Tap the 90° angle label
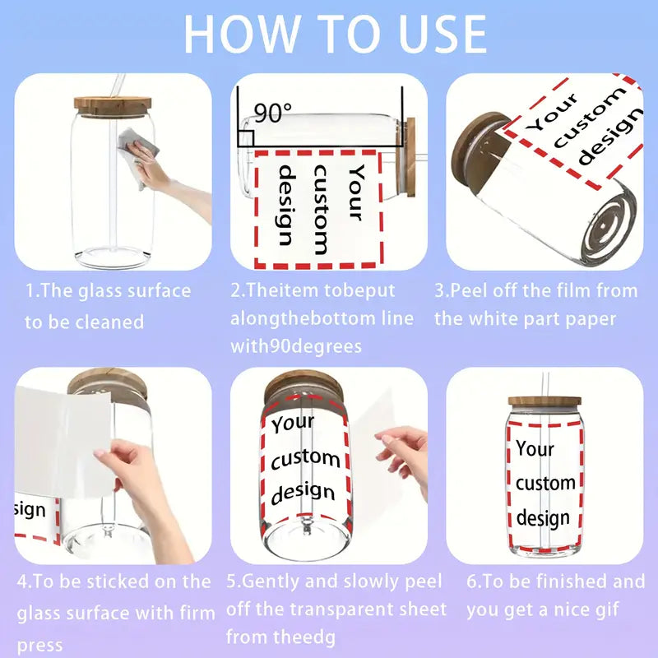click(272, 113)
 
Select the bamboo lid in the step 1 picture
click(113, 106)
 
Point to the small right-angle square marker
click(246, 138)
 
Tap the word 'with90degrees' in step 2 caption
click(296, 347)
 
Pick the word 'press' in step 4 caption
click(39, 646)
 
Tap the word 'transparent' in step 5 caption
click(336, 609)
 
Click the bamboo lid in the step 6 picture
click(544, 401)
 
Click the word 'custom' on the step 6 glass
click(545, 484)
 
